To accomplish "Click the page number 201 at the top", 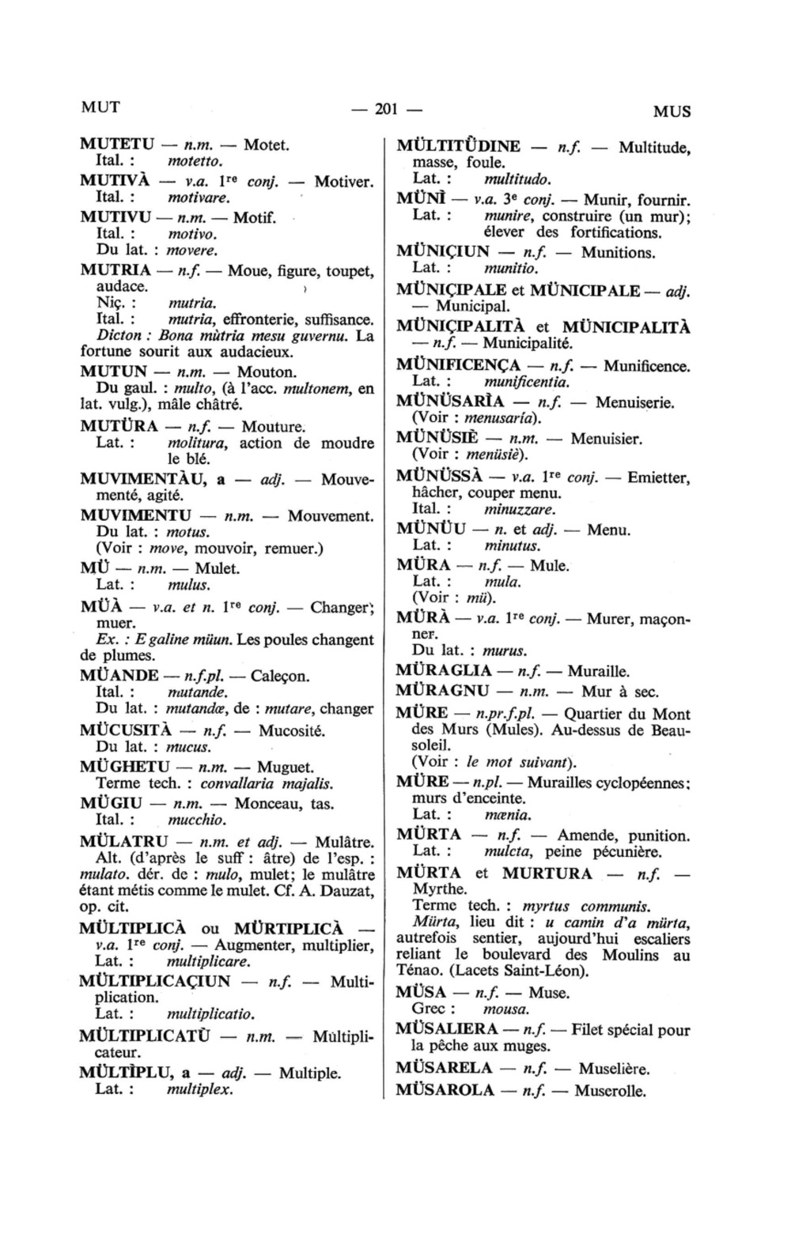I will click(384, 110).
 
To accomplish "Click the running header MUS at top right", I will click(672, 111).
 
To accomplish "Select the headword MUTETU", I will click(117, 145).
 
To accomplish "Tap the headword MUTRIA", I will click(115, 270).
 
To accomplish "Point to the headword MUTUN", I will click(114, 372).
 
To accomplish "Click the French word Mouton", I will click(267, 372).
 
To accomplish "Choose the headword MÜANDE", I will click(119, 677).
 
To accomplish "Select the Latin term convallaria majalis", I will click(266, 784).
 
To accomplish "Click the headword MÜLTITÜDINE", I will click(458, 146).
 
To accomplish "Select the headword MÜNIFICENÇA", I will click(458, 366).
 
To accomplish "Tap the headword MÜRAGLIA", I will click(445, 672).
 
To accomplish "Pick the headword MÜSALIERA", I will click(447, 1030).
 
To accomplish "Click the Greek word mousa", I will click(506, 1009).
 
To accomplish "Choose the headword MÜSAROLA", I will click(445, 1092).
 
